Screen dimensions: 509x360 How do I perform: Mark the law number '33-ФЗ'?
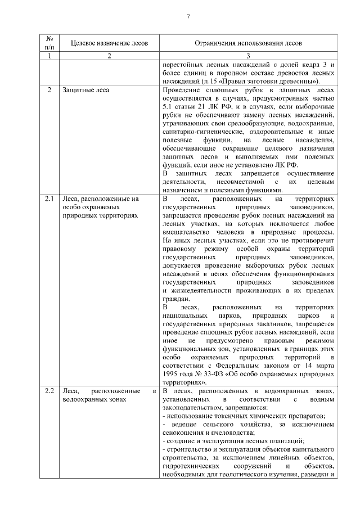coord(214,373)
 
